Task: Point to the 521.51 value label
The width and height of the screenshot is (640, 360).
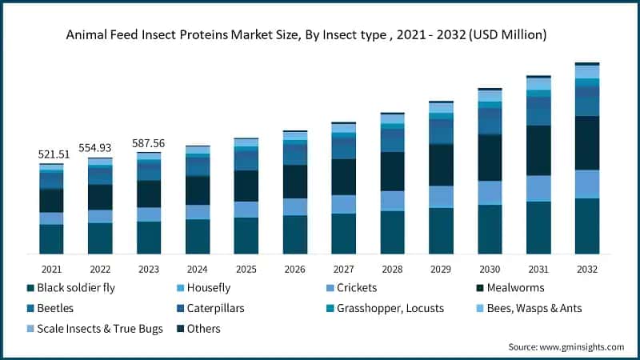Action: [52, 154]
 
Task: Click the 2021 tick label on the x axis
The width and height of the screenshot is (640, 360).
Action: [52, 270]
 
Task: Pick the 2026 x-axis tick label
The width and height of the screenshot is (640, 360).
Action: [295, 270]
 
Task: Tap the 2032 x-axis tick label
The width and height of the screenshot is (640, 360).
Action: [587, 270]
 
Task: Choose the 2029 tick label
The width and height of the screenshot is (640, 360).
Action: [441, 270]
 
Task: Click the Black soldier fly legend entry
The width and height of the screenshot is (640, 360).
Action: [76, 287]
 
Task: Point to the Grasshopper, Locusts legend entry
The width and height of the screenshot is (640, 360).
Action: [390, 308]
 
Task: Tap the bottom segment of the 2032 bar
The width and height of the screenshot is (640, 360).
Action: [587, 226]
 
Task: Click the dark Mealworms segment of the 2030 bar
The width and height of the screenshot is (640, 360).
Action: [490, 158]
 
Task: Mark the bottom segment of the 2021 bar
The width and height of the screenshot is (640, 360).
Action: [52, 239]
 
